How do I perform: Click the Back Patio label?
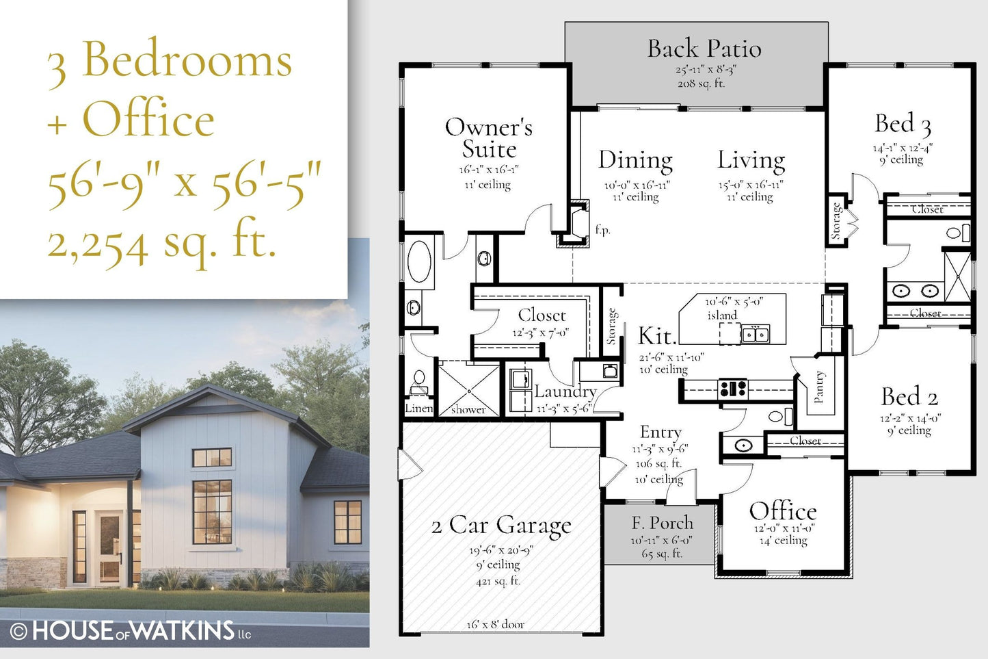(704, 49)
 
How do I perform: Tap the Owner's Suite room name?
(489, 138)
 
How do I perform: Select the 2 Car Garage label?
(501, 526)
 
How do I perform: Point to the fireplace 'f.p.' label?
(602, 229)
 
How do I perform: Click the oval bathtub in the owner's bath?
(419, 261)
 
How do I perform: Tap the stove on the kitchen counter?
(732, 389)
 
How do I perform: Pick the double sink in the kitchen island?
(756, 334)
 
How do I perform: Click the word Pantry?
(818, 387)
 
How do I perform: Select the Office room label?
(783, 511)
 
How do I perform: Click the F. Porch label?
(662, 523)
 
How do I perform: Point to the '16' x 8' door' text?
(496, 624)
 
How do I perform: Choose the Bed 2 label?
(909, 396)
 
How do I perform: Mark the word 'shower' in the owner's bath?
(468, 410)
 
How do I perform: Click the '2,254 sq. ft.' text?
(162, 244)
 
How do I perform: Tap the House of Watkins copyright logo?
(131, 630)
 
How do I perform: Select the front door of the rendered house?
(109, 547)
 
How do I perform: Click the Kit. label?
(657, 336)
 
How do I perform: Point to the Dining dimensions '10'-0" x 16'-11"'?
(637, 185)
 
